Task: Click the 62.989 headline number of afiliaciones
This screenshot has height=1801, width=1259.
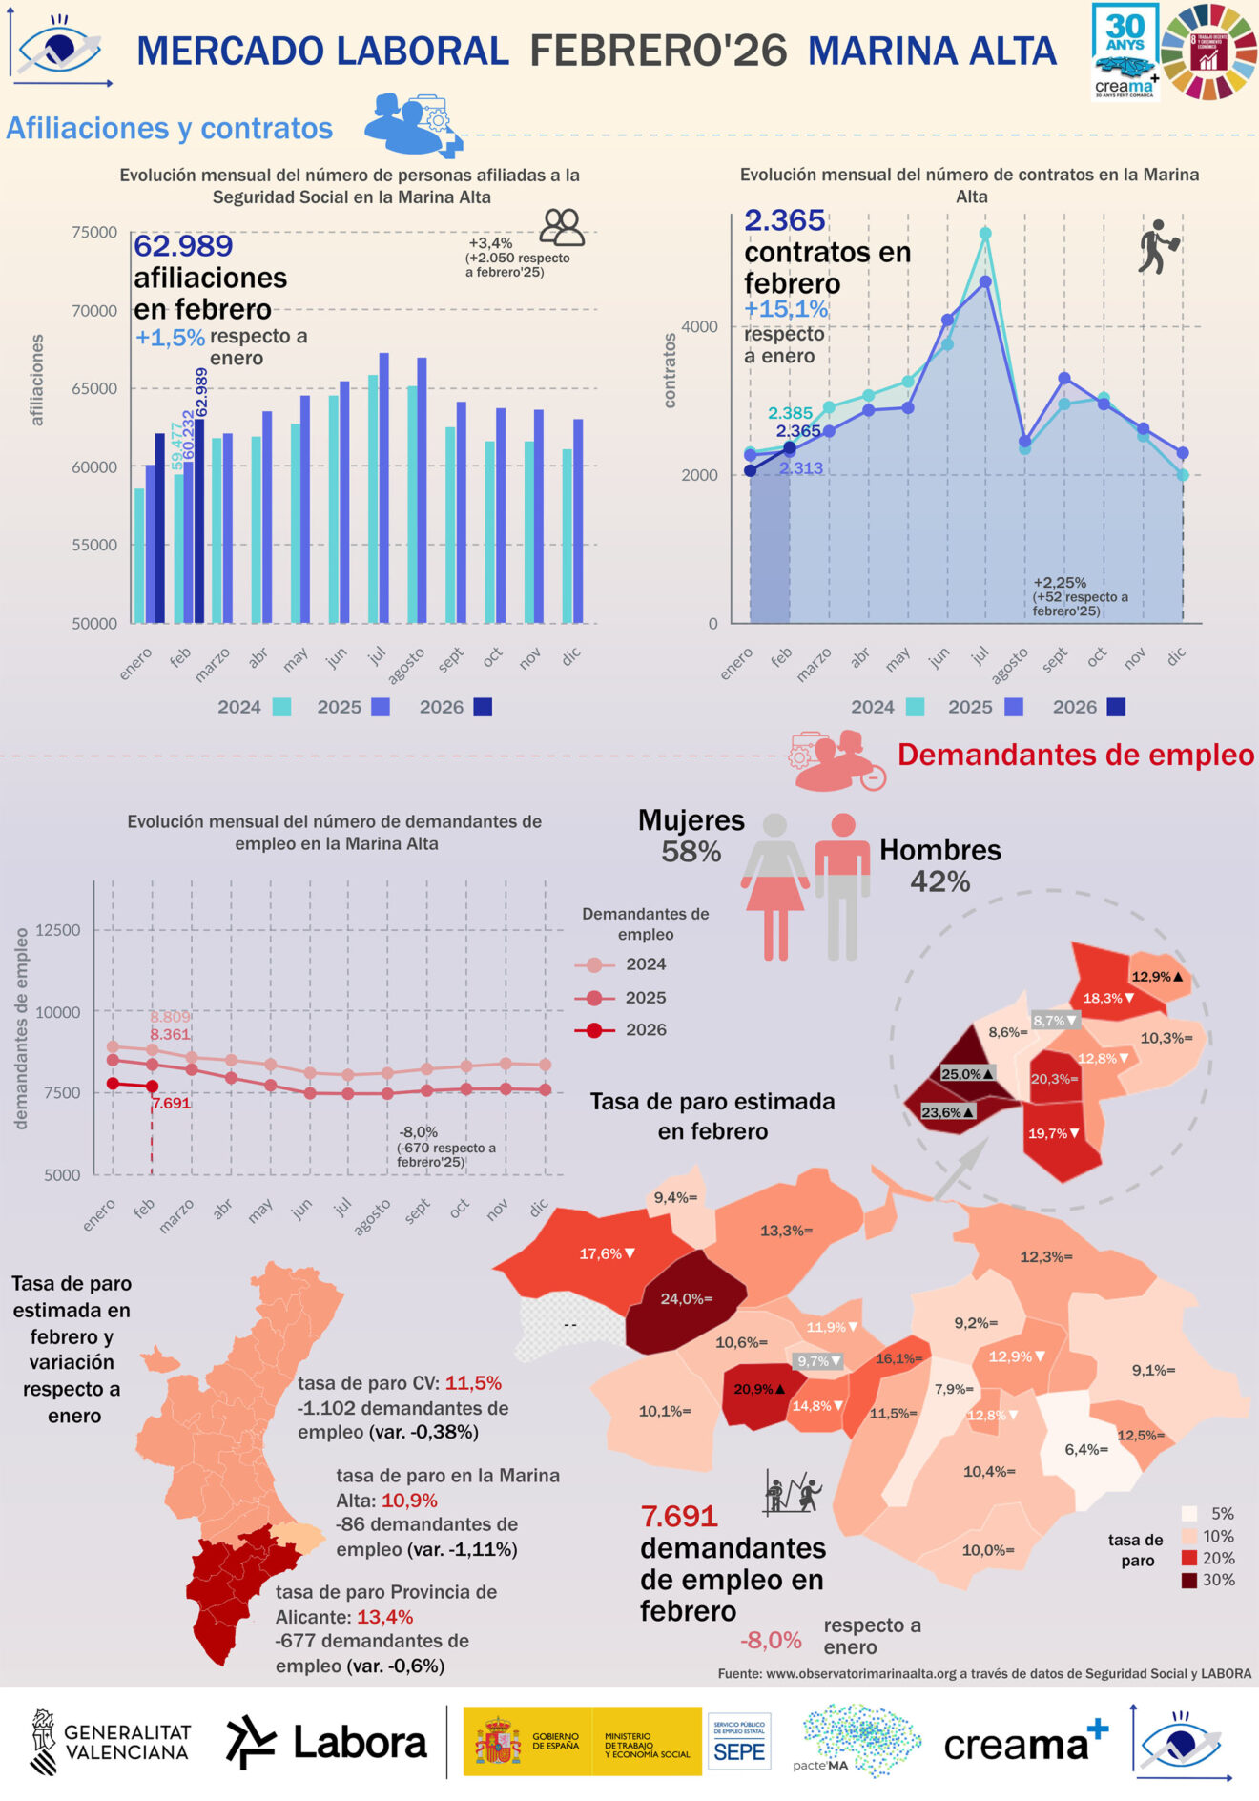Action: pyautogui.click(x=183, y=246)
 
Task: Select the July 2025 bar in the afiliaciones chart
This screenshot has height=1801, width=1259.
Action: pyautogui.click(x=383, y=486)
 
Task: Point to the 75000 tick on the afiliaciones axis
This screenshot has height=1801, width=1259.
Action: pyautogui.click(x=93, y=232)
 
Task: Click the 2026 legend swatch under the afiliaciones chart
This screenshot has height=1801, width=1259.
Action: pyautogui.click(x=483, y=707)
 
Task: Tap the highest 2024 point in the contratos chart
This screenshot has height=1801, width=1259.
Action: pyautogui.click(x=985, y=234)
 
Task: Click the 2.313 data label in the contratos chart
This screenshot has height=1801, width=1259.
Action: pyautogui.click(x=800, y=468)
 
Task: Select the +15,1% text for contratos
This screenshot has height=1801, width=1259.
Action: pyautogui.click(x=786, y=309)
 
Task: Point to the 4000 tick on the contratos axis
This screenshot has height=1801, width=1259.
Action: pyautogui.click(x=699, y=326)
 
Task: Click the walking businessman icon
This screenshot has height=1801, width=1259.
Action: pyautogui.click(x=1158, y=247)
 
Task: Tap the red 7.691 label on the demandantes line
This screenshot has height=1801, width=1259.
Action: pyautogui.click(x=172, y=1103)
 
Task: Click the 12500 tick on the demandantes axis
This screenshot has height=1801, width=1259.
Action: pyautogui.click(x=58, y=930)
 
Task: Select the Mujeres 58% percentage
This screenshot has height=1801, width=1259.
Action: pyautogui.click(x=691, y=852)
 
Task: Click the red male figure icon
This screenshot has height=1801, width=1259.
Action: pyautogui.click(x=842, y=885)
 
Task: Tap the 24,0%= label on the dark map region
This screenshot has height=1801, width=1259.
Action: pyautogui.click(x=687, y=1299)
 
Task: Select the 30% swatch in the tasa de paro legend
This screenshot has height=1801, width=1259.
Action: pyautogui.click(x=1189, y=1581)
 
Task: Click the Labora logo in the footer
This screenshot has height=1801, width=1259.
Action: pyautogui.click(x=326, y=1742)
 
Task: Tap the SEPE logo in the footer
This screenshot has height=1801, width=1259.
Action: pyautogui.click(x=739, y=1742)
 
